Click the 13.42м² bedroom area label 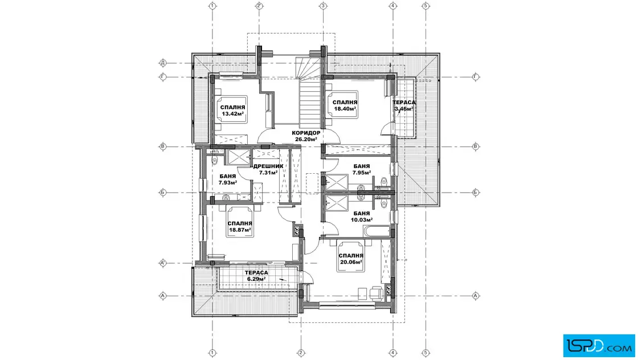(x=233, y=113)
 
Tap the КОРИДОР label (x=306, y=133)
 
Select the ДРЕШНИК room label (x=268, y=166)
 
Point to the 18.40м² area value (x=345, y=109)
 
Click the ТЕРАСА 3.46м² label (x=404, y=105)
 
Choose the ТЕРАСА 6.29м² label (x=256, y=275)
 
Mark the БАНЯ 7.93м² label (x=227, y=179)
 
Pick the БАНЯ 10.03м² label (x=362, y=216)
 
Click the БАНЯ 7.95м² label (x=362, y=169)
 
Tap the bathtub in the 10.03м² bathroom (x=377, y=231)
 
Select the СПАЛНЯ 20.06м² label (x=351, y=259)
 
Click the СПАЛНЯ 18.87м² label (x=240, y=227)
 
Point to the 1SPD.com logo (x=599, y=346)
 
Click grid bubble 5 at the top (x=426, y=6)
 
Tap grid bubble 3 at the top (x=323, y=6)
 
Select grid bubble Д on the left (x=163, y=63)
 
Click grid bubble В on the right (x=476, y=146)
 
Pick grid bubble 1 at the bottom (x=212, y=353)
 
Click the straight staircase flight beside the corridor (x=310, y=103)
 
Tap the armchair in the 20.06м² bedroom (x=377, y=292)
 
